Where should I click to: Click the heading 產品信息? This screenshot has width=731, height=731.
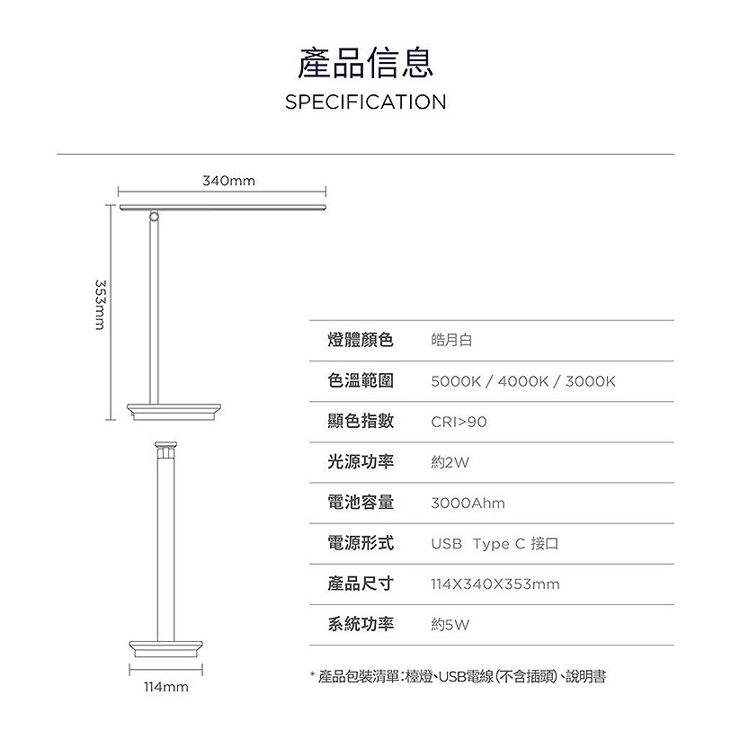click(x=365, y=63)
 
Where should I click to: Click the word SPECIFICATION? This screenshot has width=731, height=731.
click(x=365, y=103)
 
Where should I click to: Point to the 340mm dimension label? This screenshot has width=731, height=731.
click(x=229, y=181)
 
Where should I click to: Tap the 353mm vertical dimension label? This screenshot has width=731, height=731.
click(x=100, y=305)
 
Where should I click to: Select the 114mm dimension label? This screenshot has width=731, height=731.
click(x=166, y=687)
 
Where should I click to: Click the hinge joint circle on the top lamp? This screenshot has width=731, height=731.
click(x=154, y=216)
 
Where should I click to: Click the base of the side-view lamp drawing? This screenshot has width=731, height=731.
click(x=174, y=412)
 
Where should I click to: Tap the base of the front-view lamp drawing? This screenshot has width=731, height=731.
click(x=166, y=649)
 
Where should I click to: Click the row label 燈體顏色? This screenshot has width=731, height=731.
click(x=361, y=340)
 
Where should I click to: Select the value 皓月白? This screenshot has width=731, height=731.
click(x=451, y=340)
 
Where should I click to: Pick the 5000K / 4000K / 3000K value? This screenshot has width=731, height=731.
click(x=523, y=381)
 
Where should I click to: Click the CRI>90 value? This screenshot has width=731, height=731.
click(x=459, y=422)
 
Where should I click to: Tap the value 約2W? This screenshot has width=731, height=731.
click(x=450, y=462)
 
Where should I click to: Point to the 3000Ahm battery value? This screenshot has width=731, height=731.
click(x=468, y=503)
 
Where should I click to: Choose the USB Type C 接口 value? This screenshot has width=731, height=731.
click(x=495, y=544)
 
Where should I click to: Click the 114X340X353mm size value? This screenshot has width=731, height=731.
click(x=495, y=584)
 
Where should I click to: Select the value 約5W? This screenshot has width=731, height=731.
click(x=450, y=625)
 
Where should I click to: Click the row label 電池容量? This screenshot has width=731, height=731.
click(x=361, y=502)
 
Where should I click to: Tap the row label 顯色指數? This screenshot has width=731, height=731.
click(x=361, y=421)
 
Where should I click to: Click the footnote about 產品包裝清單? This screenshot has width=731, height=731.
click(x=458, y=676)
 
